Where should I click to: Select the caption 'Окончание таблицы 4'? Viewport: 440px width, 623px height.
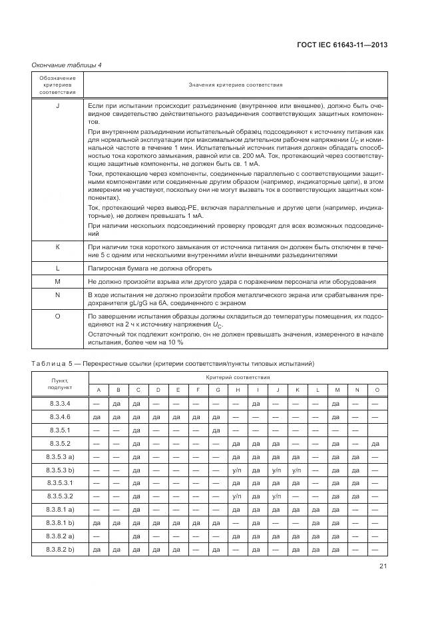click(x=66, y=65)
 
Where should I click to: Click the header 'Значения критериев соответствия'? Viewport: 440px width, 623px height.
click(x=235, y=85)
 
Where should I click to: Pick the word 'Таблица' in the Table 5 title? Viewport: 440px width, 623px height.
click(x=49, y=363)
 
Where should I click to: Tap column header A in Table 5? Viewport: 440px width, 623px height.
click(x=97, y=389)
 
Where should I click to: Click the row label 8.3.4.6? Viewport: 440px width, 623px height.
click(x=59, y=416)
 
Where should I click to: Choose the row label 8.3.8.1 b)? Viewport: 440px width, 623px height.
click(x=59, y=522)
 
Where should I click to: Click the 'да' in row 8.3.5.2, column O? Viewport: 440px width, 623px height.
click(x=376, y=443)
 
